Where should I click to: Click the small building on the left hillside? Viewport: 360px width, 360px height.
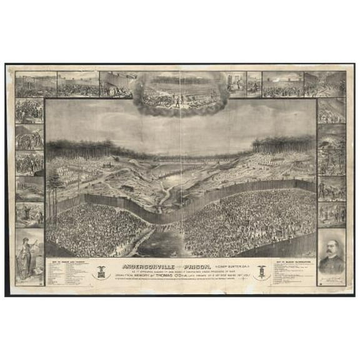pyautogui.click(x=128, y=186)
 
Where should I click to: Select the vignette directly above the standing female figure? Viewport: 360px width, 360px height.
pyautogui.click(x=29, y=214)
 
